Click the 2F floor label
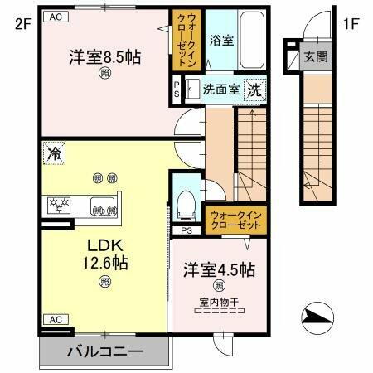coord(17,22)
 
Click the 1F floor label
coord(352,22)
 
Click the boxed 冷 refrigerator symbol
coord(55,153)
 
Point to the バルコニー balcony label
coord(104,352)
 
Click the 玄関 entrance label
coord(315,57)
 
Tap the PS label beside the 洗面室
coord(176,87)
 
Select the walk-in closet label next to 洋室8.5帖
coord(182,41)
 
